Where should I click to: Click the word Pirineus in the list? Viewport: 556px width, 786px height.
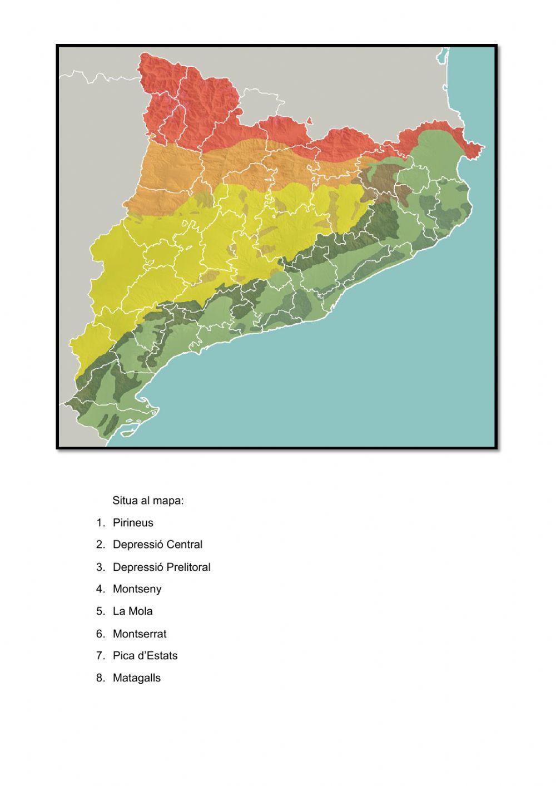point(133,523)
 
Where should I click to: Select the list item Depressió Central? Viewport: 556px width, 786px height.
point(157,545)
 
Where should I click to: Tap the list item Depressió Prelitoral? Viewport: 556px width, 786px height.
point(161,567)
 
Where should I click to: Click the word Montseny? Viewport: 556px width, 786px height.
point(137,589)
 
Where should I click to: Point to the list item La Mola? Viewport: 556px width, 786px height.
point(132,611)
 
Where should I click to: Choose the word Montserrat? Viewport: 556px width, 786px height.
point(140,634)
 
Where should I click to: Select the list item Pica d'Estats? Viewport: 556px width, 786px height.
point(145,656)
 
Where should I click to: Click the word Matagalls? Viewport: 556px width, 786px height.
point(136,678)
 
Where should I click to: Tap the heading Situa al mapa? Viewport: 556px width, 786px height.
point(148,501)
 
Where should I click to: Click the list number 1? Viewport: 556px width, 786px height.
point(100,523)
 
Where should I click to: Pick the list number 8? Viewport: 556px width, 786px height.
point(100,678)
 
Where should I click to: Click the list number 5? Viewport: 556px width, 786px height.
point(100,611)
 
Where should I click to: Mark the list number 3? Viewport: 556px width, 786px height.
point(100,567)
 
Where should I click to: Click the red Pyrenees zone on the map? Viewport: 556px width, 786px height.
point(200,106)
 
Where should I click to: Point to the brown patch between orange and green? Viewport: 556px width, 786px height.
point(384,181)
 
